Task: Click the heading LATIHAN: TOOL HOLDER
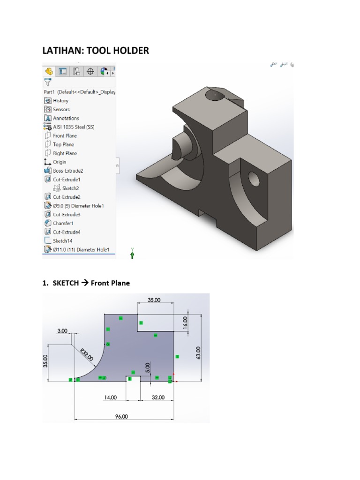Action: tap(96, 50)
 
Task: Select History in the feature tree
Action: tap(60, 101)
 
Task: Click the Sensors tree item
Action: tap(61, 110)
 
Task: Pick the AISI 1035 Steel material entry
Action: tap(73, 127)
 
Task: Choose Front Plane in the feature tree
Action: tap(65, 136)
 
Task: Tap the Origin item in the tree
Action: tap(59, 162)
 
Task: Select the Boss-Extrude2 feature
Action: tap(67, 171)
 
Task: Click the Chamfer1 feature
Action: tap(63, 224)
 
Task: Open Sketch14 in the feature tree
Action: tap(63, 241)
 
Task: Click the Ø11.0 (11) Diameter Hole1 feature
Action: tap(81, 250)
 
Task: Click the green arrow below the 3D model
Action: tap(133, 254)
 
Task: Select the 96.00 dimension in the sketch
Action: tap(121, 416)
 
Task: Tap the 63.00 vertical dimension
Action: tap(198, 353)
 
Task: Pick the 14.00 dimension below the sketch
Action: tap(110, 397)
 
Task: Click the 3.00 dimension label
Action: tap(62, 330)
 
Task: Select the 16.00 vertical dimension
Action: tap(185, 322)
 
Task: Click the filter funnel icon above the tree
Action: tap(48, 82)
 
